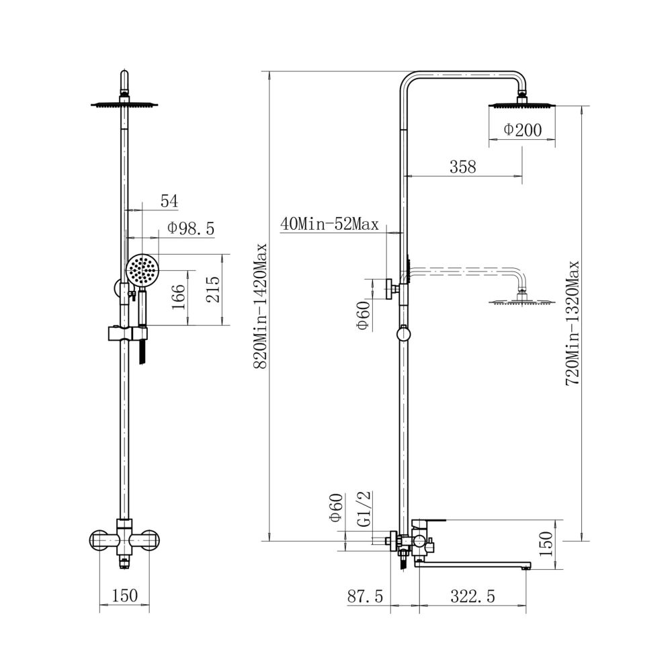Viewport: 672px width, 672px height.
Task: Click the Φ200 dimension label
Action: pyautogui.click(x=522, y=130)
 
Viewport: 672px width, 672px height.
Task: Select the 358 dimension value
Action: pyautogui.click(x=463, y=166)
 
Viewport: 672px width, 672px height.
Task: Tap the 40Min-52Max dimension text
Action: pyautogui.click(x=329, y=224)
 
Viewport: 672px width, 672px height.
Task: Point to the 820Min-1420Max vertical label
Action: pyautogui.click(x=260, y=306)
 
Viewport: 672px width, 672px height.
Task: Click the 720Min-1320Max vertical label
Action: pyautogui.click(x=573, y=323)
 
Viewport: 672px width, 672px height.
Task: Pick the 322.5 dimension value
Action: pyautogui.click(x=472, y=596)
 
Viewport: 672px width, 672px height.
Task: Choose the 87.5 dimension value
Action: pyautogui.click(x=366, y=596)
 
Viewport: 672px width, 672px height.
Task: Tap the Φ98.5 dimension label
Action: pyautogui.click(x=191, y=228)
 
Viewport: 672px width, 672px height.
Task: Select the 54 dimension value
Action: pyautogui.click(x=169, y=201)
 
